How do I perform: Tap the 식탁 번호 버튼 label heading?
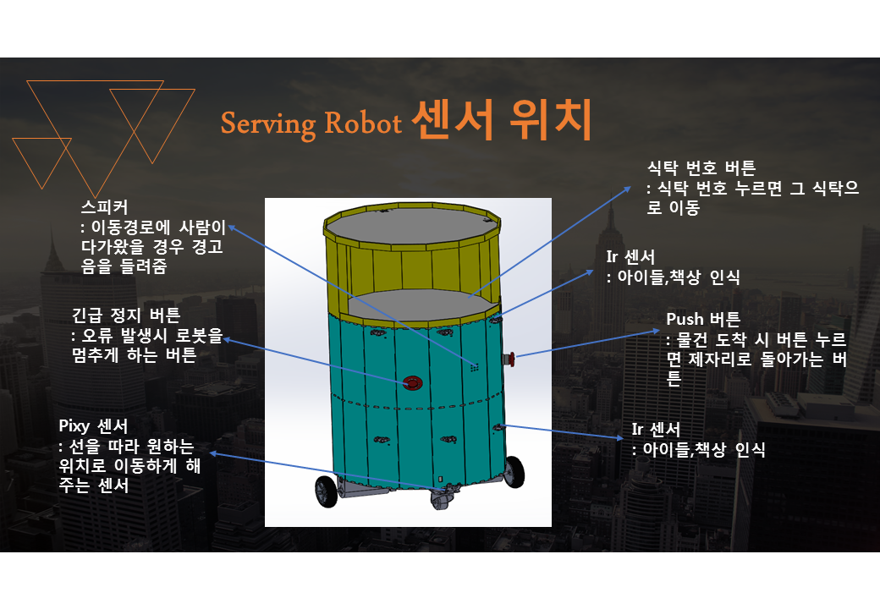coord(701,167)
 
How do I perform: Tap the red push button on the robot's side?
coord(509,360)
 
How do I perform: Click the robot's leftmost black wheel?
coord(325,491)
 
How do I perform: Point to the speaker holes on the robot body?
coord(475,367)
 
